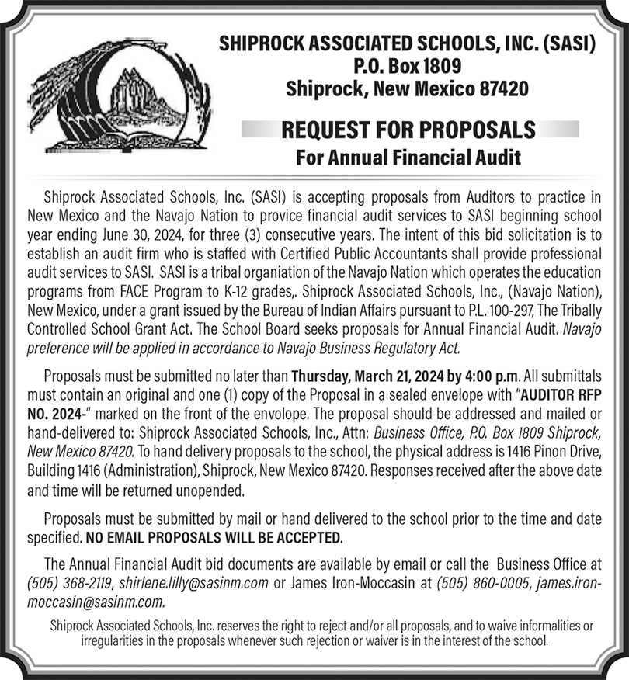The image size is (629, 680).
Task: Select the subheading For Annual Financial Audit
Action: [408, 158]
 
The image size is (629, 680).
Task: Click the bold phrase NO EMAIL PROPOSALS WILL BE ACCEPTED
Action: [214, 538]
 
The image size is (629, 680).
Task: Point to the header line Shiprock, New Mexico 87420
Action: [407, 88]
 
